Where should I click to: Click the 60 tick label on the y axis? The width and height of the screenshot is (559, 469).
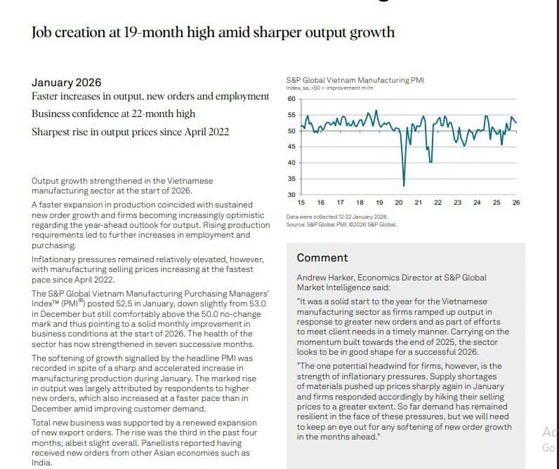pos(291,99)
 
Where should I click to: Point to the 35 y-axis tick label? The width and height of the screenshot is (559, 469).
pos(291,179)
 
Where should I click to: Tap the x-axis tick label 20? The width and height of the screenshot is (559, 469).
pos(399,203)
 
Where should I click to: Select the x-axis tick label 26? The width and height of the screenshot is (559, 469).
pos(516,203)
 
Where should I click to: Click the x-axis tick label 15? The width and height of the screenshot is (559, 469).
pos(301,203)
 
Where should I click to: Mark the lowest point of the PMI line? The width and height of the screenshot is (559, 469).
pos(404,185)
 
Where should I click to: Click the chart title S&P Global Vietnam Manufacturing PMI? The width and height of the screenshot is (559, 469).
pos(355,80)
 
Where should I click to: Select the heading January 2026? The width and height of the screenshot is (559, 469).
pos(66,83)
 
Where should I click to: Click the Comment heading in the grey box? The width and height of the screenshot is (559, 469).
pos(322,257)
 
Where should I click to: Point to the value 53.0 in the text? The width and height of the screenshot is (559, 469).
pos(258,304)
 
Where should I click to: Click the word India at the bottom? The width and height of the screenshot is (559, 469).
pos(41,463)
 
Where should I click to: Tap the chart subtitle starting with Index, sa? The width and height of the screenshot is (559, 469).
pos(329,88)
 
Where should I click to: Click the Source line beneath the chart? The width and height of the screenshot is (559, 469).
pos(341,224)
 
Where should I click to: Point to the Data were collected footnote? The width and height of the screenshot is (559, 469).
pos(336,217)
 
